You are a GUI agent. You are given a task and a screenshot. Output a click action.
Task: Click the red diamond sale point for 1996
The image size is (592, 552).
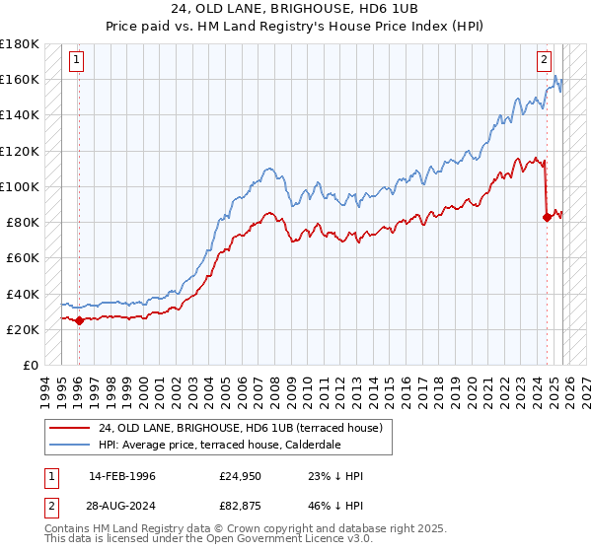pyautogui.click(x=80, y=319)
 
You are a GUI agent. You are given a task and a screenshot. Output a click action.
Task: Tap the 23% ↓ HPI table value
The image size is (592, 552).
pyautogui.click(x=335, y=476)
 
